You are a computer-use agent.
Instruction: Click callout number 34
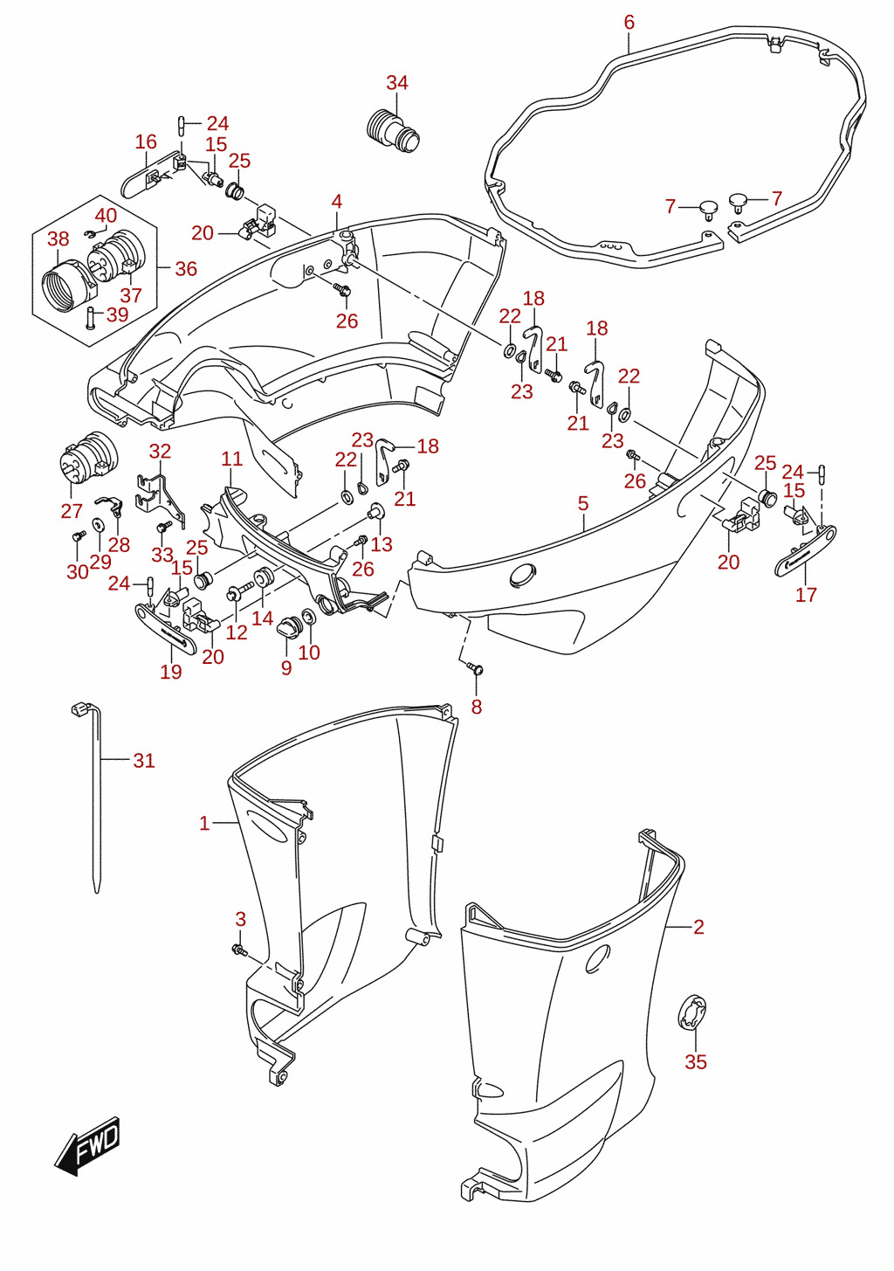click(x=397, y=83)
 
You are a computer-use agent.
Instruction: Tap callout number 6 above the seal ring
click(x=629, y=22)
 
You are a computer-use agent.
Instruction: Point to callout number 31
click(x=144, y=760)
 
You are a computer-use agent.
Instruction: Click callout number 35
click(x=696, y=1061)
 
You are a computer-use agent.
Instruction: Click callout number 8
click(x=477, y=707)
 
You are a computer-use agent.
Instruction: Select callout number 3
click(x=240, y=919)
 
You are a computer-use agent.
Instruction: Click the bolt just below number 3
click(x=239, y=950)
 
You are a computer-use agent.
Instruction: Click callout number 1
click(x=204, y=823)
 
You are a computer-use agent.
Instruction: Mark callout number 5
click(x=583, y=503)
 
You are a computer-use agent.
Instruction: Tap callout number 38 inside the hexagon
click(x=58, y=238)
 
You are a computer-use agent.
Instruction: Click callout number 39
click(x=117, y=314)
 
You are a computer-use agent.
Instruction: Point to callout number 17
click(x=806, y=595)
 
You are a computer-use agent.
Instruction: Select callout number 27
click(x=72, y=511)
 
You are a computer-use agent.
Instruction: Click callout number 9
click(x=286, y=668)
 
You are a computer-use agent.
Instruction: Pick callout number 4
click(x=337, y=202)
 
